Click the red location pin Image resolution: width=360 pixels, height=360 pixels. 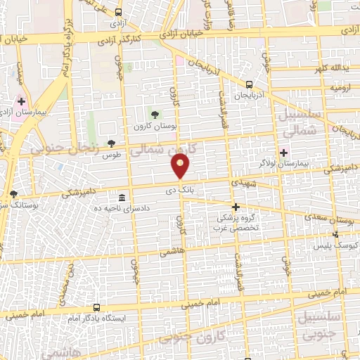point(181,166)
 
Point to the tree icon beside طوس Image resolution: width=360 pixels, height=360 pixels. point(111,143)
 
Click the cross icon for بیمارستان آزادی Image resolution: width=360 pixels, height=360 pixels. point(22,101)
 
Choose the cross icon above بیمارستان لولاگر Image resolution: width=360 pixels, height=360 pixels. point(284,152)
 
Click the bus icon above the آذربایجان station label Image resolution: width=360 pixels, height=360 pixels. point(249,84)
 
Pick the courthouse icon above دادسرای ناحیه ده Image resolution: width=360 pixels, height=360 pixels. point(122,196)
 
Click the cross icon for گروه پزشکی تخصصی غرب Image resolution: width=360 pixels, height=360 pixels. point(236,207)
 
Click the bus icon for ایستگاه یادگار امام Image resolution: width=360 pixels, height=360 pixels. point(96,308)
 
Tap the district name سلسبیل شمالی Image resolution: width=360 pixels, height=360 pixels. point(300,122)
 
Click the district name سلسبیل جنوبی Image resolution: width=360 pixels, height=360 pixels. point(321,326)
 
